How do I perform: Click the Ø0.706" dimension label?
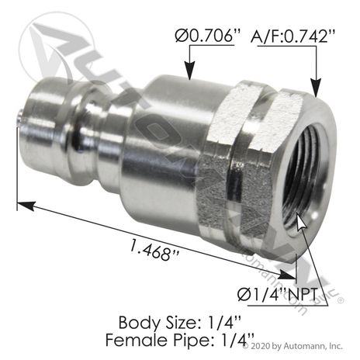pos(208,36)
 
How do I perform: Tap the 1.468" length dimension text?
pos(154,250)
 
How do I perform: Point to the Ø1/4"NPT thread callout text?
pos(277,294)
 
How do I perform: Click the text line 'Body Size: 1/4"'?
pos(180,323)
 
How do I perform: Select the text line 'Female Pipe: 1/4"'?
pos(180,340)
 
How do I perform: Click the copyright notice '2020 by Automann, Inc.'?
pos(296,346)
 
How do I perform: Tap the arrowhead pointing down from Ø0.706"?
pos(190,71)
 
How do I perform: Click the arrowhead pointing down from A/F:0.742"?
pos(316,88)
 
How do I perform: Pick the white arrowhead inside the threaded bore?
pos(301,223)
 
